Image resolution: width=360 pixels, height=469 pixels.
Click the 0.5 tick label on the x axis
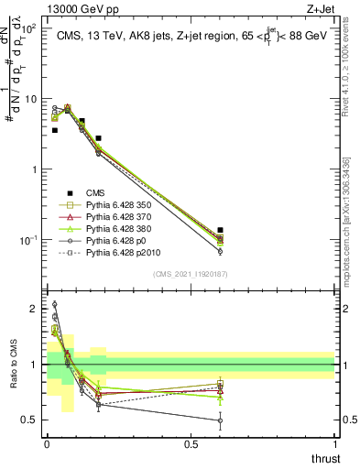pos(191,444)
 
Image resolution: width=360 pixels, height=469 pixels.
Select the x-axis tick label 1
pos(335,444)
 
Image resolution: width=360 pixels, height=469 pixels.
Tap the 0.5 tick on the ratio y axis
pos(32,420)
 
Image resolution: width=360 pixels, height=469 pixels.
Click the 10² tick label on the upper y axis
pos(30,28)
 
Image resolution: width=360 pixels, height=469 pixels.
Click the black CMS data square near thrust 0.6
pos(220,230)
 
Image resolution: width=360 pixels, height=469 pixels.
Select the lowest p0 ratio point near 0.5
pos(220,421)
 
